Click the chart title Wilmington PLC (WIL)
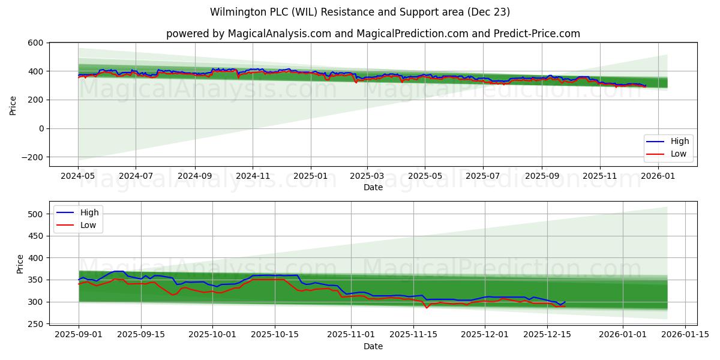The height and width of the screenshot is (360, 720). [360, 12]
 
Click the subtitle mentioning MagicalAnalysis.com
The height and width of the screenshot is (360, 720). [373, 34]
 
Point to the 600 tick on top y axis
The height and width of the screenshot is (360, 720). [35, 43]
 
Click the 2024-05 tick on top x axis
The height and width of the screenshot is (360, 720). [78, 176]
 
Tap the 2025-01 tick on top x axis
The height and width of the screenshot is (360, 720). [310, 176]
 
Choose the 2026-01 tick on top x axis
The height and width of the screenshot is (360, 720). [659, 176]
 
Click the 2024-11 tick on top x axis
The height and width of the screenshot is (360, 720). [252, 176]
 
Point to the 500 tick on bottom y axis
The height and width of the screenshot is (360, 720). [35, 214]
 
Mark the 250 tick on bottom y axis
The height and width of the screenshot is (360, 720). [35, 324]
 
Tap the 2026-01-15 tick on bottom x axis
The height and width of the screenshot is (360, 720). [685, 335]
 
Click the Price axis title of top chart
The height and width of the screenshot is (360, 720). [13, 104]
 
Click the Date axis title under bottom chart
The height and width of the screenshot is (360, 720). [373, 346]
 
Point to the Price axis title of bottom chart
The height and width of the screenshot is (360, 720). [20, 264]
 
